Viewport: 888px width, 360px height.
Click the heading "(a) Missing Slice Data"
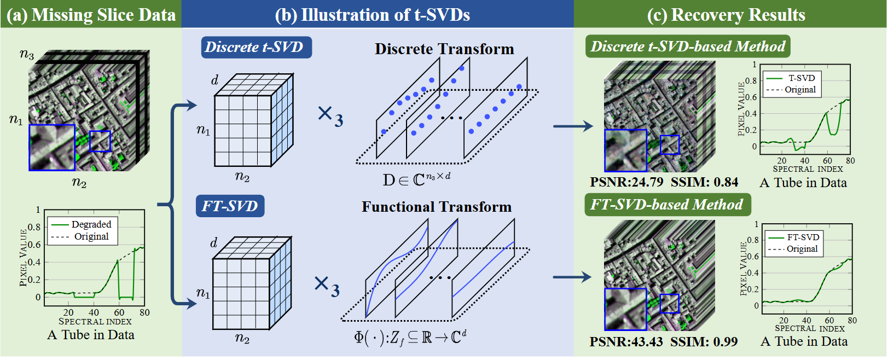(x=91, y=15)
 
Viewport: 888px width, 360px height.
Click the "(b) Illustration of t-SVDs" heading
(x=372, y=15)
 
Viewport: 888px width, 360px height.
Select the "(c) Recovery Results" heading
(x=726, y=15)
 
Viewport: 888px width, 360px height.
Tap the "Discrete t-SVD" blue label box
(x=256, y=47)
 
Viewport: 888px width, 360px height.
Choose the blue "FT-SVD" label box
(x=230, y=206)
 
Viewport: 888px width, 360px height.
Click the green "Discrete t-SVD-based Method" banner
(x=688, y=47)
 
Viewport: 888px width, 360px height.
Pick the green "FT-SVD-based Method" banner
(x=667, y=205)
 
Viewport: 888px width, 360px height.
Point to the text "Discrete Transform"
(x=444, y=49)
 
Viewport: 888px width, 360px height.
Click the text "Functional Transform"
(x=437, y=207)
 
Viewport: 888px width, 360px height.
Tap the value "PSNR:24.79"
(x=626, y=182)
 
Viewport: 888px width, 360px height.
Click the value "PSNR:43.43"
(x=626, y=342)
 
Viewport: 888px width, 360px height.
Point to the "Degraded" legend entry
(x=91, y=224)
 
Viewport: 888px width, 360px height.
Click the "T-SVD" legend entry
(x=801, y=78)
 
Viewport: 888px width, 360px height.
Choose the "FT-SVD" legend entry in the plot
(x=803, y=237)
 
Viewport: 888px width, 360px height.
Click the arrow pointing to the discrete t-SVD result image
(x=573, y=126)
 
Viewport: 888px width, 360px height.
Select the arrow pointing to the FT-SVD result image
(x=572, y=277)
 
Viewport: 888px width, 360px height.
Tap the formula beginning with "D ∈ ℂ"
(x=416, y=179)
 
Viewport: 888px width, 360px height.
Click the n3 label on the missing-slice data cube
(x=27, y=54)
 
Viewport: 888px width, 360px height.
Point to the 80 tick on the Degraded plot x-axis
(x=144, y=312)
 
